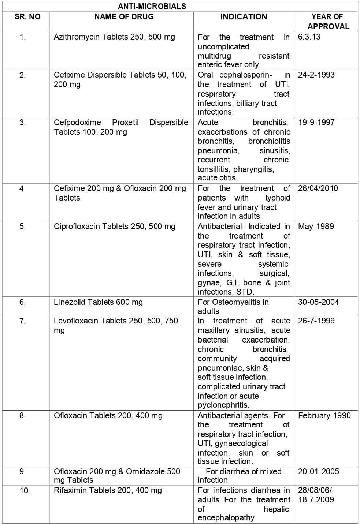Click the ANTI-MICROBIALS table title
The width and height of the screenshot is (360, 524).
pos(152,6)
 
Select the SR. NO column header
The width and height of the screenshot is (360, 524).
pos(27,17)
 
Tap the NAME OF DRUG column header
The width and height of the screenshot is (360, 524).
pos(124,17)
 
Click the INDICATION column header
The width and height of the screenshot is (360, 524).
pos(244,17)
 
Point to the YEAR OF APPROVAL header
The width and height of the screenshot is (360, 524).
pos(327,22)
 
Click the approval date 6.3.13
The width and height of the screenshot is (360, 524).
pos(309,37)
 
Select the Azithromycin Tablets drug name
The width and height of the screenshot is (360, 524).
pos(114,37)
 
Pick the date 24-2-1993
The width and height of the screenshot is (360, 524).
pos(316,75)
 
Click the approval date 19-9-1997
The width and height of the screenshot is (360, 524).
pos(316,123)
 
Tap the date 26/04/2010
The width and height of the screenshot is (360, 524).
pos(318,188)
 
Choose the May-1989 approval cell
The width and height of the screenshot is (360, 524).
pos(316,227)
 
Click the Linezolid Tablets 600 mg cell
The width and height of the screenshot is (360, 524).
pos(98,302)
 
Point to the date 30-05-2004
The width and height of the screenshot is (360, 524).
pos(318,302)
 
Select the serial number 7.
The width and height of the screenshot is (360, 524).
pos(23,321)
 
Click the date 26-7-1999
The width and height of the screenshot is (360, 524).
pos(316,321)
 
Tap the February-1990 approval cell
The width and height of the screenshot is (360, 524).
pos(324,416)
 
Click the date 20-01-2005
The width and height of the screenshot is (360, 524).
pos(318,472)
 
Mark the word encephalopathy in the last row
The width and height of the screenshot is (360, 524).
pos(226,518)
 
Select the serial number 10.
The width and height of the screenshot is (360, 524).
pos(25,491)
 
